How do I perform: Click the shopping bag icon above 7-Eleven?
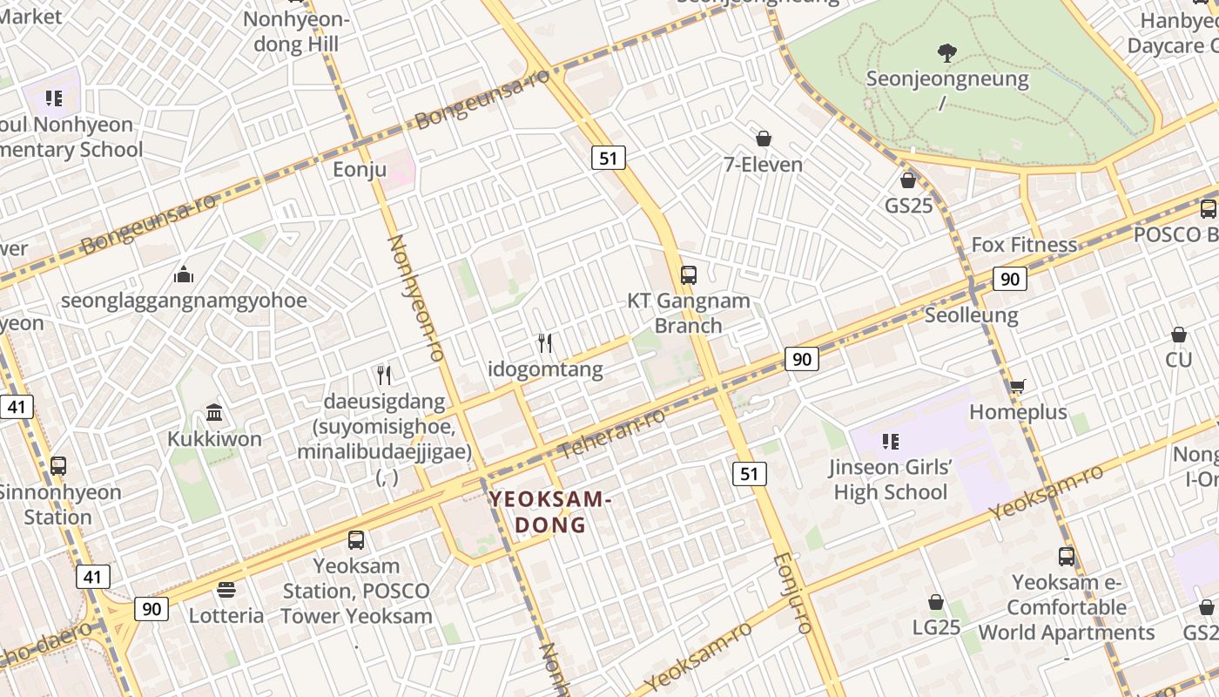click(764, 139)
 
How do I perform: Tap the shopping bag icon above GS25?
click(908, 180)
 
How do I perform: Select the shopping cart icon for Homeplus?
click(1017, 386)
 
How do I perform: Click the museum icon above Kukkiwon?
click(214, 412)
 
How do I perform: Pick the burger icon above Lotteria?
click(226, 590)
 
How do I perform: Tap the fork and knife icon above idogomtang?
click(545, 342)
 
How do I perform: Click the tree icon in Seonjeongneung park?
click(946, 53)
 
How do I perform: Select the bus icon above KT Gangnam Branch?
click(689, 275)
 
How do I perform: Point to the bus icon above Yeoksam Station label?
click(356, 540)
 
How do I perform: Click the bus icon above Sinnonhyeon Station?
click(58, 466)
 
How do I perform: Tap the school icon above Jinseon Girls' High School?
click(890, 442)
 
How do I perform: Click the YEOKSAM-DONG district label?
click(550, 512)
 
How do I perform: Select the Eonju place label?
click(360, 169)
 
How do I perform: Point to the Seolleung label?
click(972, 315)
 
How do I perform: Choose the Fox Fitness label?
click(1024, 245)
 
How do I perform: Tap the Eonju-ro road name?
click(792, 592)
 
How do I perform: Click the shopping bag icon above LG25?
click(936, 602)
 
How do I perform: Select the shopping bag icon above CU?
click(1179, 335)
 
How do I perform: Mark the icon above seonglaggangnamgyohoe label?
click(184, 275)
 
